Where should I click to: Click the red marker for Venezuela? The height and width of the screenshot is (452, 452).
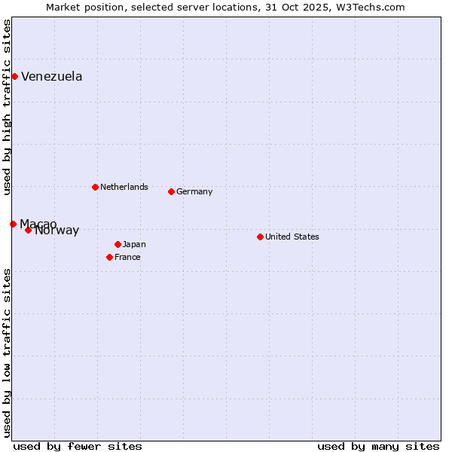point(14,76)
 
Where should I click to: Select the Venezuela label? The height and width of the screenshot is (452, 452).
point(51,77)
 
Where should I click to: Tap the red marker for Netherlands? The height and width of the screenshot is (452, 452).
point(95,187)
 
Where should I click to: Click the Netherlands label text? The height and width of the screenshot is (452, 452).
point(124,187)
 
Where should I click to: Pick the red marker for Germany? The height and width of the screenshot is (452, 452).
point(171,191)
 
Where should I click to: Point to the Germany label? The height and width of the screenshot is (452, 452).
point(194,191)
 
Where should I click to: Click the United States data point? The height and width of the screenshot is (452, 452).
point(260,237)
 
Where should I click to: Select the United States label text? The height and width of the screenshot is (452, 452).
point(292,237)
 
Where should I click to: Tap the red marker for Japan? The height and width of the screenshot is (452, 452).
point(118,244)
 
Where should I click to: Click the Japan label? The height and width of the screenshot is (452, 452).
point(134,244)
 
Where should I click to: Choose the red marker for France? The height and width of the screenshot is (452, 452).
point(109,257)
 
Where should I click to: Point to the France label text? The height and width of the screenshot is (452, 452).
point(127,257)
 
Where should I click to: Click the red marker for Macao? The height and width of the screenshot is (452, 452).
point(13,224)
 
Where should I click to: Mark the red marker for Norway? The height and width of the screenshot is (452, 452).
point(28,230)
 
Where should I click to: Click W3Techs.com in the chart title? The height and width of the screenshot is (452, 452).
point(368,8)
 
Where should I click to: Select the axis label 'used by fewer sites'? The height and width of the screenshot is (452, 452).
point(78,446)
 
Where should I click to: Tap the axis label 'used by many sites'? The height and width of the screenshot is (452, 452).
point(378,446)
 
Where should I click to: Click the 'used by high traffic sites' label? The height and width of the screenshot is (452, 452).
point(7,107)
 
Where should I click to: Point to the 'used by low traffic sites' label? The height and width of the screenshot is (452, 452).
point(7,353)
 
